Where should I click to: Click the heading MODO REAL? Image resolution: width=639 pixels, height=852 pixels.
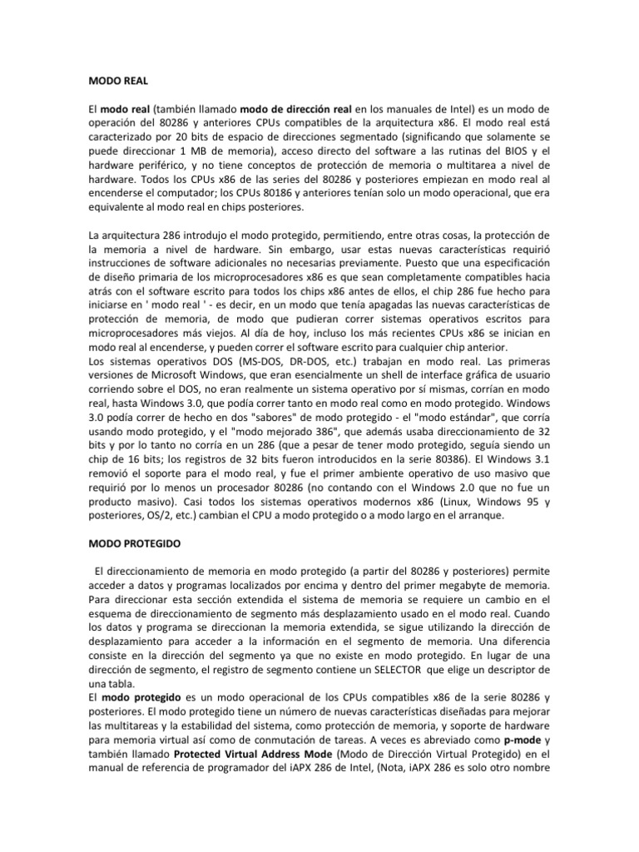pyautogui.click(x=117, y=82)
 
